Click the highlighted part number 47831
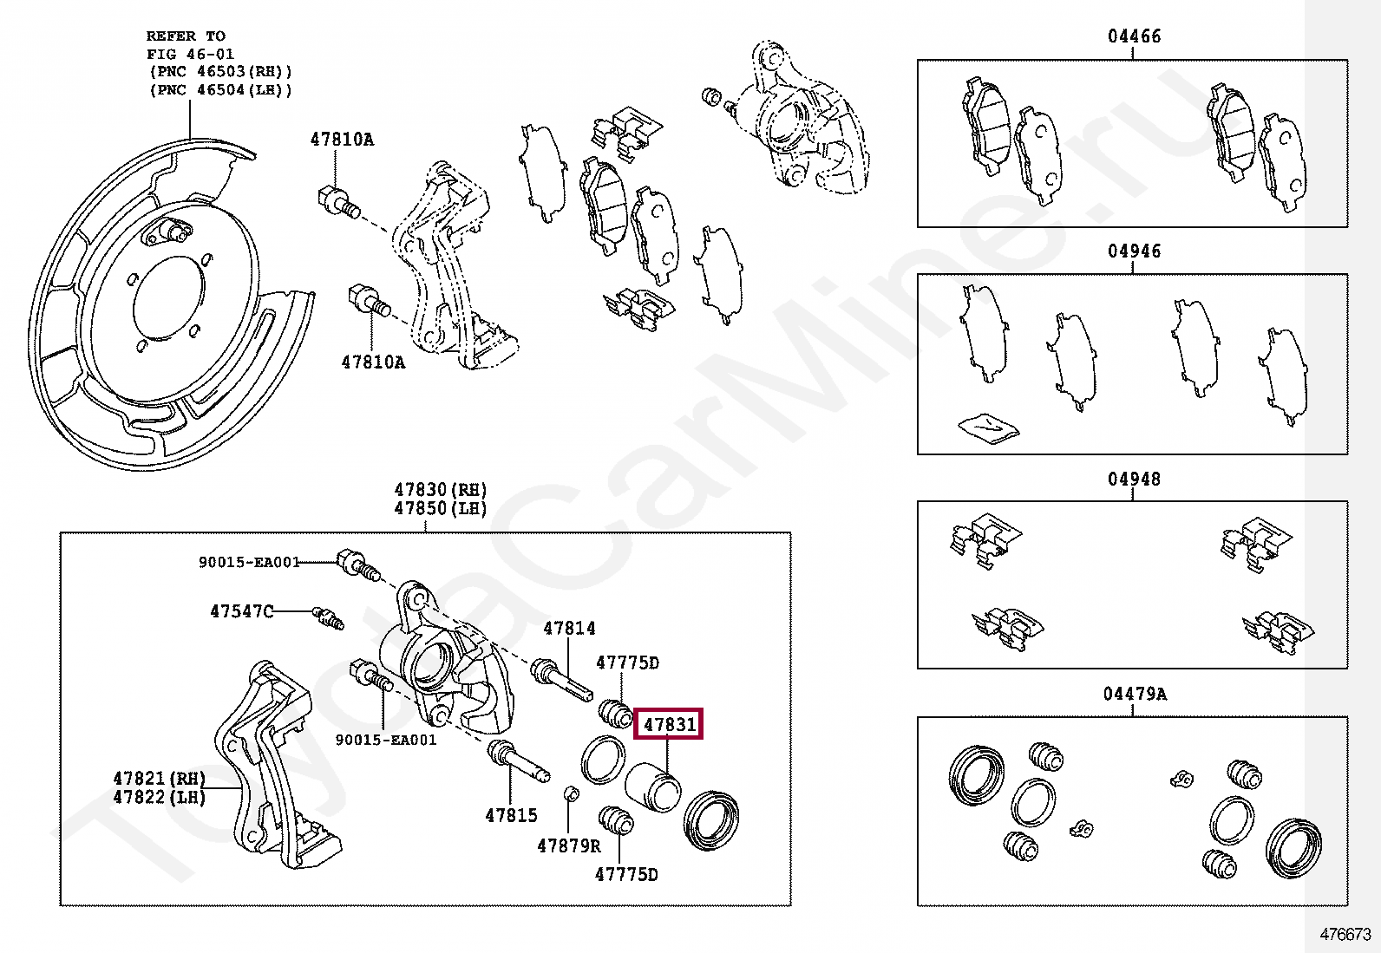pos(669,723)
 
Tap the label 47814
pos(569,628)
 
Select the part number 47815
pos(511,815)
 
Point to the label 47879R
pos(568,845)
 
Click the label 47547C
pos(241,611)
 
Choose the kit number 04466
pos(1133,36)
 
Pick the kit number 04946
pos(1133,251)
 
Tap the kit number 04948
pos(1133,479)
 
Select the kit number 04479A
pos(1135,694)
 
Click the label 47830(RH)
pos(441,490)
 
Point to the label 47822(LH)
pos(159,797)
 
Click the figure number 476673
pos(1345,935)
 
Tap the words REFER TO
pos(186,36)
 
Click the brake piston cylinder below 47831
pos(653,787)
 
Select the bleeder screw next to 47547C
pos(329,617)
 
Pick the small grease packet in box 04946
pos(988,428)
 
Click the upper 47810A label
pos(342,140)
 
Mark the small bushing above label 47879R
pos(571,794)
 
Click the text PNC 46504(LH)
pos(221,90)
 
